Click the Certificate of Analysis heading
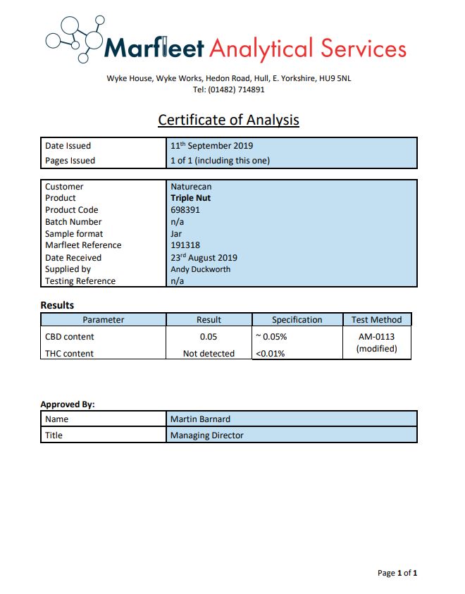[x=228, y=120]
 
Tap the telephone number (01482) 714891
[x=240, y=89]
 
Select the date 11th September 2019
[x=211, y=146]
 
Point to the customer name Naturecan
[x=191, y=187]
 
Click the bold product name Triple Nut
[x=190, y=198]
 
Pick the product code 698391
[x=184, y=210]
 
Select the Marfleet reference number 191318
[x=185, y=245]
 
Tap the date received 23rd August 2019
[x=204, y=257]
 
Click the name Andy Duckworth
[x=200, y=269]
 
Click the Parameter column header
[x=103, y=320]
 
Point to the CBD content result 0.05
[x=209, y=337]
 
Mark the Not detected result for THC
[x=209, y=354]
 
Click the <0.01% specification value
[x=270, y=354]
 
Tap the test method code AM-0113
[x=376, y=337]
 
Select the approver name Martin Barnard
[x=201, y=419]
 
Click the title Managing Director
[x=206, y=435]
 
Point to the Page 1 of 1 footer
[x=397, y=573]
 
